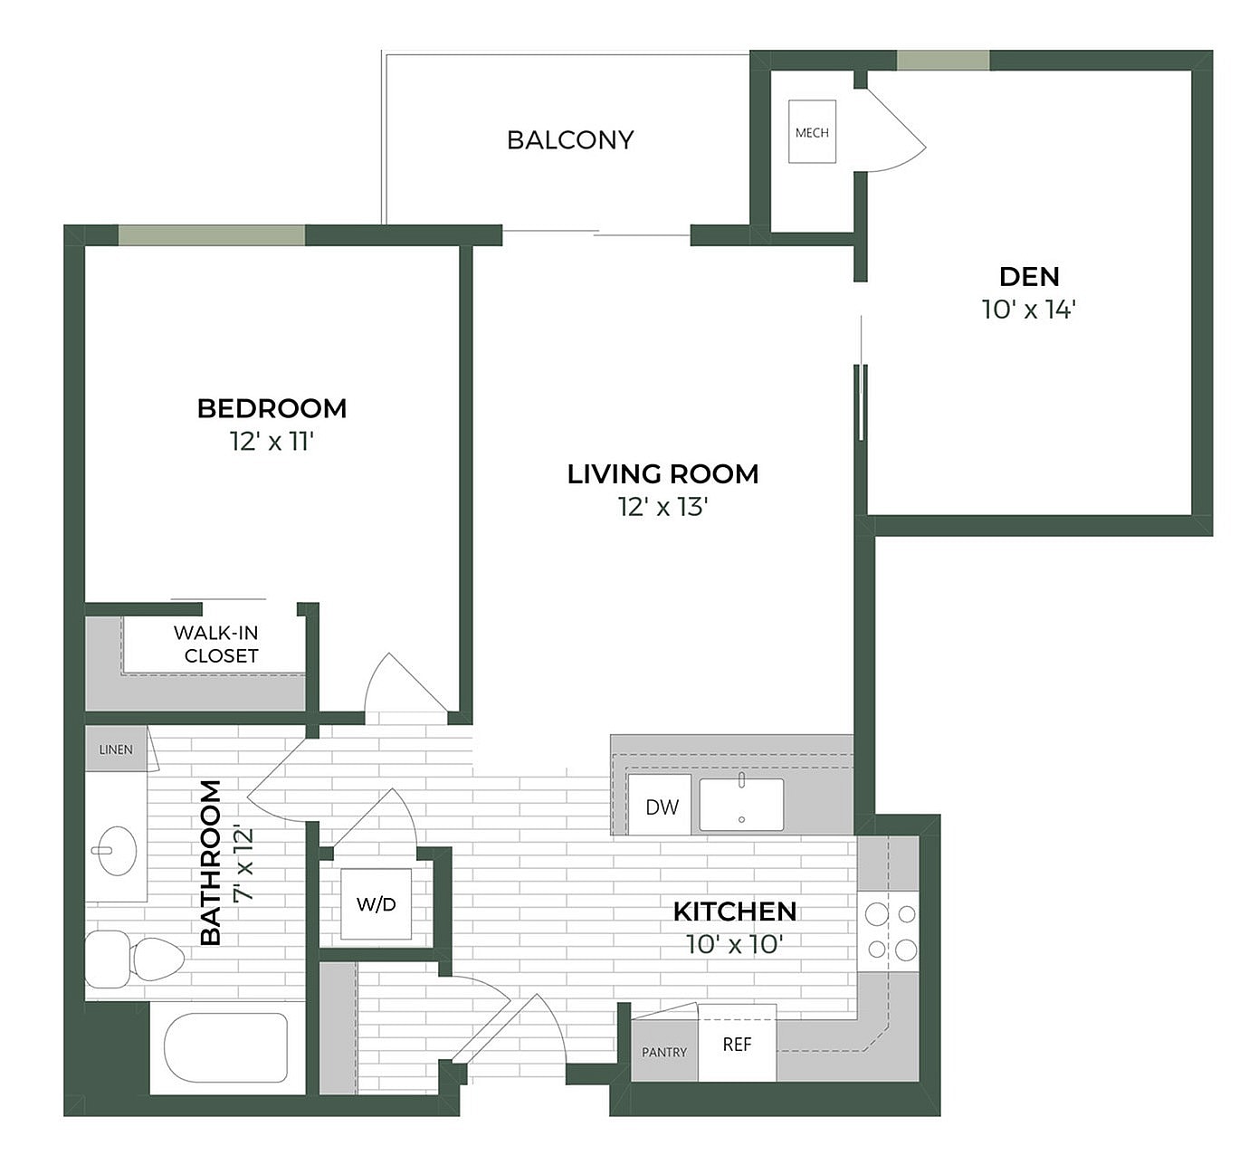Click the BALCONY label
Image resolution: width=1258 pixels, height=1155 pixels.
pos(570,140)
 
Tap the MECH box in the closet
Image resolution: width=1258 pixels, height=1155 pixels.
pos(812,132)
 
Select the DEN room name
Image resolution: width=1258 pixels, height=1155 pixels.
pos(1029,276)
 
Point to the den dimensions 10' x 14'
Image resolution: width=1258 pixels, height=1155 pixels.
pos(1029,310)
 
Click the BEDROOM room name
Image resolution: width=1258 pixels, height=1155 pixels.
pos(272,408)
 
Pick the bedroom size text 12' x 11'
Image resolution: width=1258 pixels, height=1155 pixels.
pos(272,442)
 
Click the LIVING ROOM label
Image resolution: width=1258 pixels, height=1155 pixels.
pos(662,474)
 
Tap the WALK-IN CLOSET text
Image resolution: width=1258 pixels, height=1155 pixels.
pos(217,644)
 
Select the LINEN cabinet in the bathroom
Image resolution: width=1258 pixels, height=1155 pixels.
pos(116,749)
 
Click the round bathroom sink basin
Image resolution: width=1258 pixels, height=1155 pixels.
pos(117,851)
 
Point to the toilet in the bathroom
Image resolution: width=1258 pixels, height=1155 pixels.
pos(136,959)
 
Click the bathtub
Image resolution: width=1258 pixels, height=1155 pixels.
pos(226,1047)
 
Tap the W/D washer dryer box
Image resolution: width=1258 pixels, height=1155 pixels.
pos(376,904)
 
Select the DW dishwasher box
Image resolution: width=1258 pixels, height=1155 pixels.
pos(661,806)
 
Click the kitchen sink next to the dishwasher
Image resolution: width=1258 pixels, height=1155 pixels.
pos(741,805)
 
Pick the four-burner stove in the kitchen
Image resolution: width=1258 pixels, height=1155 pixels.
pos(890,931)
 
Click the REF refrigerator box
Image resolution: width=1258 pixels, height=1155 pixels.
pos(737,1044)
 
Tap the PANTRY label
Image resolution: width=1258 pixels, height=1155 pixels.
pos(664,1052)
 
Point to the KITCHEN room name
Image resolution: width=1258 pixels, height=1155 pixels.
pos(735,912)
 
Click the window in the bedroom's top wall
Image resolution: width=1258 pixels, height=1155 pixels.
pos(212,235)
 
